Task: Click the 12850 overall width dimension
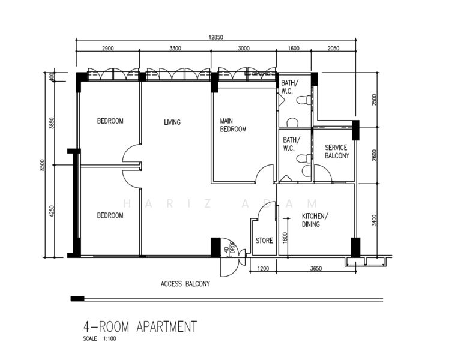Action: (215, 37)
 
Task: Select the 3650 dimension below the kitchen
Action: (315, 269)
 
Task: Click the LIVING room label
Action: (172, 122)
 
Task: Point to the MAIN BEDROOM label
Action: (234, 125)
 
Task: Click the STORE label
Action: (264, 241)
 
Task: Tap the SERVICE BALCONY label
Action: (336, 151)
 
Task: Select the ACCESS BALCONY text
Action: (185, 284)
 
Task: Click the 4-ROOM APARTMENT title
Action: (140, 327)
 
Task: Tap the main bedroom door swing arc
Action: (264, 174)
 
